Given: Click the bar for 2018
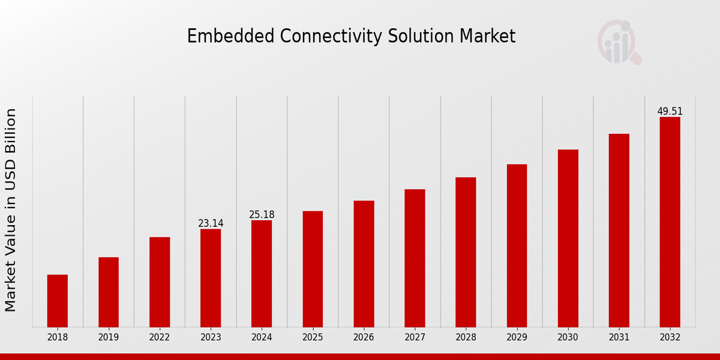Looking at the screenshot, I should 58,301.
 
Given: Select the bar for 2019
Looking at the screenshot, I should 109,292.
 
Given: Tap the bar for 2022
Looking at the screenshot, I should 160,282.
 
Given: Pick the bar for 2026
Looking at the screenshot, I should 364,264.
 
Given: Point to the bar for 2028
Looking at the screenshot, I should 466,252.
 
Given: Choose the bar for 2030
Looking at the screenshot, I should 568,238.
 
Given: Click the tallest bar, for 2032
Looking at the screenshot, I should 670,222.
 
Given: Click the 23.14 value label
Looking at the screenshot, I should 211,223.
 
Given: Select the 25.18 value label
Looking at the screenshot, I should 262,214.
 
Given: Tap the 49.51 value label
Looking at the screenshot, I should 670,111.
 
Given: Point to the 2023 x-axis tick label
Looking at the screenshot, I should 211,337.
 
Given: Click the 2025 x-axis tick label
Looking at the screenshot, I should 313,337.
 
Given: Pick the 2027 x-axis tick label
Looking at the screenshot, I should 415,337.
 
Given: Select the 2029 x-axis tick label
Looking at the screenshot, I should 517,337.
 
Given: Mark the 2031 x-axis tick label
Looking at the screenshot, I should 619,337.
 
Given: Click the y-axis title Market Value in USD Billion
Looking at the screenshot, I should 11,210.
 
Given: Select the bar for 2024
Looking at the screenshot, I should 262,274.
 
